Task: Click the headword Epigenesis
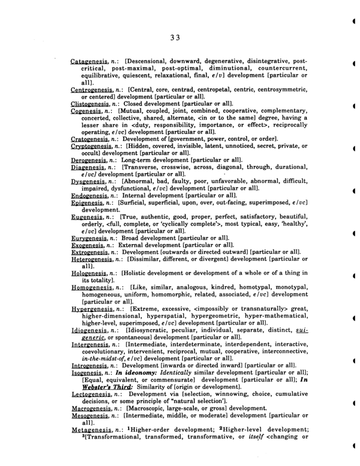[89, 203]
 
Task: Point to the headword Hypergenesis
[92, 309]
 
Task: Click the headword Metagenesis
[91, 430]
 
